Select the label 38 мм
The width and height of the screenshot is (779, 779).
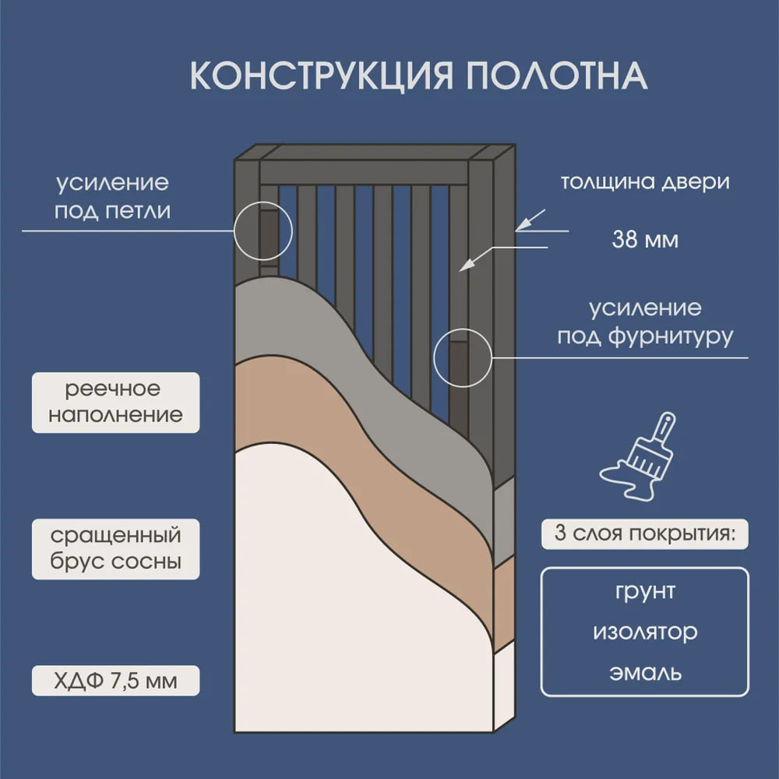coord(645,239)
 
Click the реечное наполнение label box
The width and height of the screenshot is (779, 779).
coord(115,402)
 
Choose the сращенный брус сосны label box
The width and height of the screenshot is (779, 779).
coord(115,548)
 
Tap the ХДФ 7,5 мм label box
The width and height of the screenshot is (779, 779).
coord(115,682)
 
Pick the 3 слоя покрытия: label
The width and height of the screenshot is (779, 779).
coord(644,534)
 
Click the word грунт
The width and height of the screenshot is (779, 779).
coord(644,591)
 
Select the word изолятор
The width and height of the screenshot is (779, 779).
coord(644,632)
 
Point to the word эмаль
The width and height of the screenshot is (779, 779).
coord(644,671)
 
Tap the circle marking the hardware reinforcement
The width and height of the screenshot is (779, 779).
coord(461,358)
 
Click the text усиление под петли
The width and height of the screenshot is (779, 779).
coord(113,197)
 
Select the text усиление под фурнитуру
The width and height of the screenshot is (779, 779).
coord(644,323)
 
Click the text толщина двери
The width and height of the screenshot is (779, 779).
coord(645,183)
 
